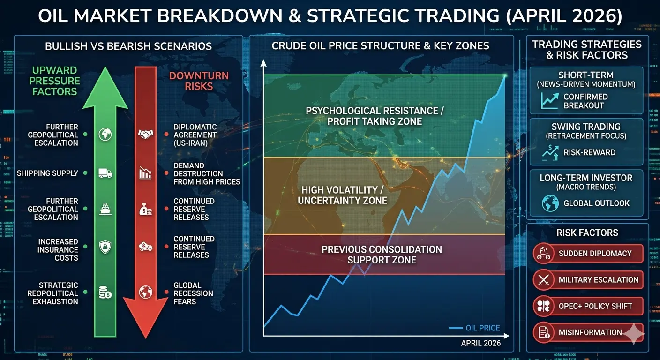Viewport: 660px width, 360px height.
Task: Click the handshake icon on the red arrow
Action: [x=146, y=135]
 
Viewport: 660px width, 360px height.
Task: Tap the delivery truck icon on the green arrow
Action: [x=105, y=173]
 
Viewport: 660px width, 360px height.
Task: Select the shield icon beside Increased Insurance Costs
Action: [x=105, y=247]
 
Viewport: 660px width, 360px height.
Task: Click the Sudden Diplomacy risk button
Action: [x=588, y=253]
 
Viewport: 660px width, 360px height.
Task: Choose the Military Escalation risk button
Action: [x=588, y=279]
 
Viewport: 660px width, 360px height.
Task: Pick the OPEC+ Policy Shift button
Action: [x=588, y=306]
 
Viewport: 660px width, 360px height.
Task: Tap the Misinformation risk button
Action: [x=588, y=332]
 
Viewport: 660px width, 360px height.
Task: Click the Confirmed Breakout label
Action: [x=585, y=101]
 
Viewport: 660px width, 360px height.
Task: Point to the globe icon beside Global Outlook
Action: [x=550, y=203]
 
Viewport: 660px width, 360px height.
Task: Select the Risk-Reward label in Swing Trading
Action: [x=589, y=152]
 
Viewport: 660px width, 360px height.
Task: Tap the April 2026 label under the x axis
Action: [x=480, y=343]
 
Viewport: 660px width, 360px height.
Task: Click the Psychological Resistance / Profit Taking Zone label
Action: [x=375, y=116]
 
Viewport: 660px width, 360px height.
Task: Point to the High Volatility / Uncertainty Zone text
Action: [x=342, y=195]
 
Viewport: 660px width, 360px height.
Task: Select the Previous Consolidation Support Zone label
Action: [x=382, y=255]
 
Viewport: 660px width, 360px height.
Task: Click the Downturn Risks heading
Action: [x=199, y=81]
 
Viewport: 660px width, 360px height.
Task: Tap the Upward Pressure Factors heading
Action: [x=54, y=81]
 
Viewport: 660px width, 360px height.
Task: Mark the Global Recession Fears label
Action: [x=193, y=293]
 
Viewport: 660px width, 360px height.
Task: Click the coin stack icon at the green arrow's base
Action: [x=105, y=292]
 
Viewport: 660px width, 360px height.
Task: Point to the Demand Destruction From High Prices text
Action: [x=207, y=174]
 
